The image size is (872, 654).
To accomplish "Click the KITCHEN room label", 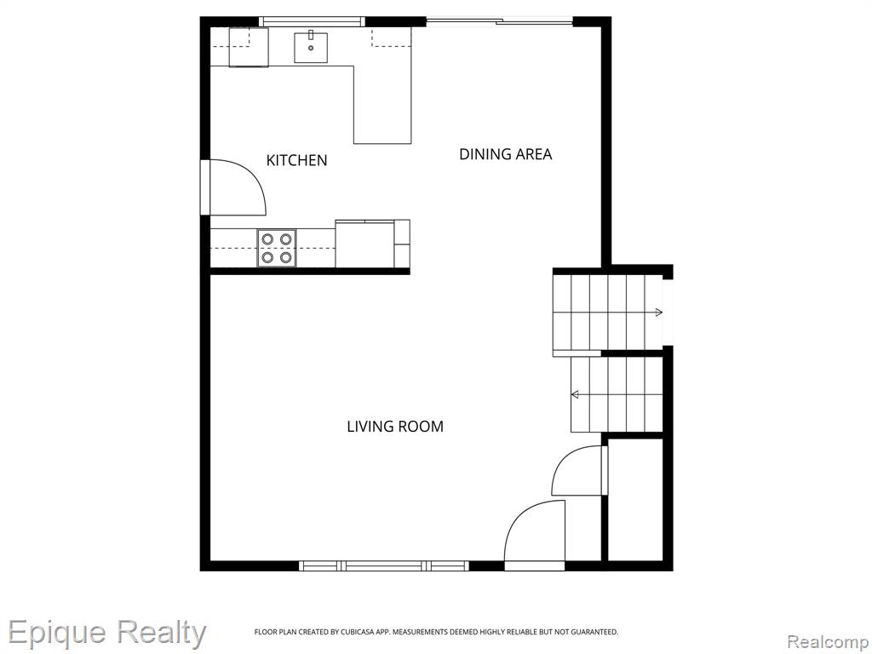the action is coord(296,160).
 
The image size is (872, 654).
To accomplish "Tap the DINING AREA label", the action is coord(506,154).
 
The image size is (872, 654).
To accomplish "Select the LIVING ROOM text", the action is coord(395,427).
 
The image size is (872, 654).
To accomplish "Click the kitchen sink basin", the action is coord(311,48).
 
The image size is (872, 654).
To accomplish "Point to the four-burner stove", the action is coord(277,248).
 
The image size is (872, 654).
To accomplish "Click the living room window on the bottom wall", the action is coord(384,566).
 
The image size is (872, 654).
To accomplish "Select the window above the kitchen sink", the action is coord(312,21).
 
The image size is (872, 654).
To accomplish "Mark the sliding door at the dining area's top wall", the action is coord(499,21).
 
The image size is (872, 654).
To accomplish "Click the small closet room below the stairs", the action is coord(635,500).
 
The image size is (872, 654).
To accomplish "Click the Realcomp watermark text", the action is coord(829,642).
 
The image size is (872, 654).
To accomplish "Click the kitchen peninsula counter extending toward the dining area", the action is coord(382,105).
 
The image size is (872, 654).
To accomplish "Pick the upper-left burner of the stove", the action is coord(267,239).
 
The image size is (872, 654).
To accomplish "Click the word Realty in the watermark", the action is coord(161,634).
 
